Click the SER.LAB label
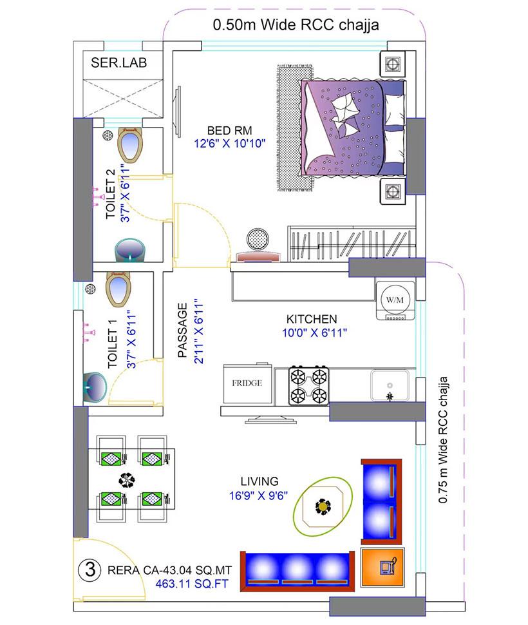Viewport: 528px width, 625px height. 120,64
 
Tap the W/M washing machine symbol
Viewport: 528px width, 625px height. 393,300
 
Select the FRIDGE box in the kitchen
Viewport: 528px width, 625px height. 247,384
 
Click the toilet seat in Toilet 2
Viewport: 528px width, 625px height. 130,145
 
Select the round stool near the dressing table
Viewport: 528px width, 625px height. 259,238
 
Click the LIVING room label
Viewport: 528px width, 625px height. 259,481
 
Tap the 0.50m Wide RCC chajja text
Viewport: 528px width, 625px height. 295,25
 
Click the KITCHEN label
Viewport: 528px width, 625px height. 312,319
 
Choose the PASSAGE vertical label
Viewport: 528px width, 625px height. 183,329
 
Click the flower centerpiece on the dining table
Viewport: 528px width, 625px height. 127,479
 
